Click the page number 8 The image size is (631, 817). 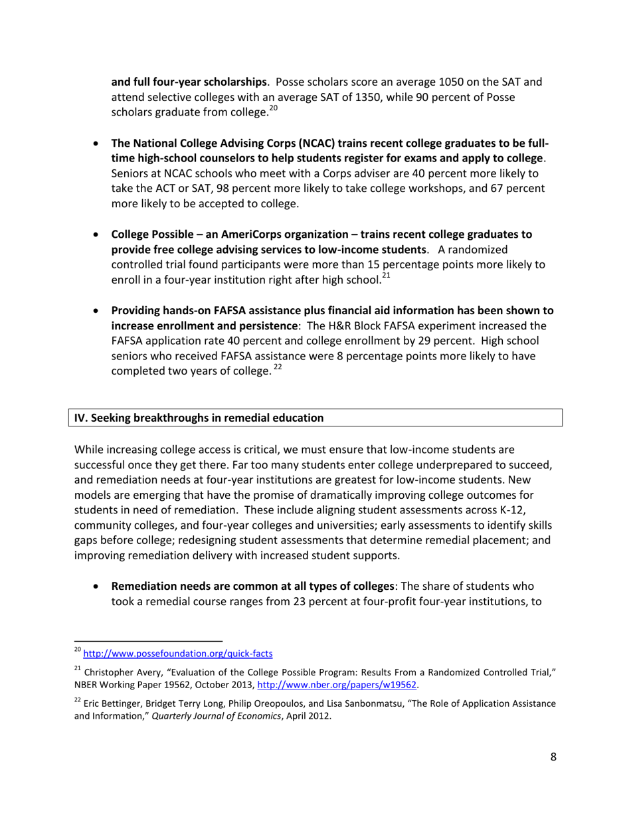(x=553, y=757)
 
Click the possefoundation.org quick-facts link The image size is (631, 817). (x=177, y=654)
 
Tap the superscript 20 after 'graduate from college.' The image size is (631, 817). (x=272, y=109)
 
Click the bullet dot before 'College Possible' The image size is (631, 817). (x=98, y=235)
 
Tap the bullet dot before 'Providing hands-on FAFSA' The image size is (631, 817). (x=98, y=311)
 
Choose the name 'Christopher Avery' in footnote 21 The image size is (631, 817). (x=126, y=672)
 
